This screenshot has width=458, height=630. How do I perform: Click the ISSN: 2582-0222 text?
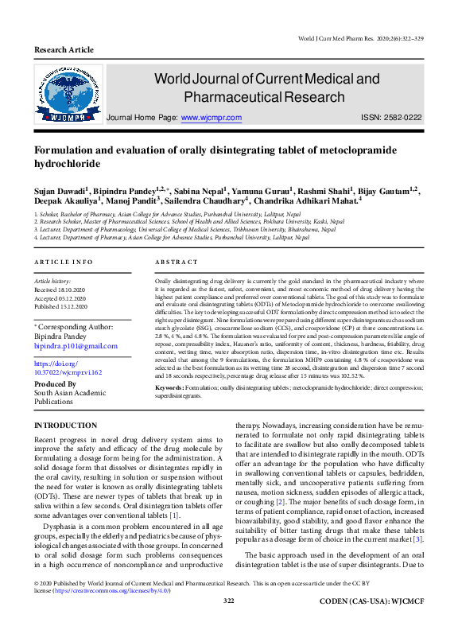[391, 117]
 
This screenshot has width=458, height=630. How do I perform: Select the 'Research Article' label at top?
[64, 49]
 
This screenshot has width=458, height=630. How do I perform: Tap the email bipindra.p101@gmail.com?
[76, 346]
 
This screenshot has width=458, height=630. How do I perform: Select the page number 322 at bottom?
[229, 623]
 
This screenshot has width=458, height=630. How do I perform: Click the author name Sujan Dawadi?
[60, 192]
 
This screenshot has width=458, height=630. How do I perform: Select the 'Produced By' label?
[55, 384]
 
